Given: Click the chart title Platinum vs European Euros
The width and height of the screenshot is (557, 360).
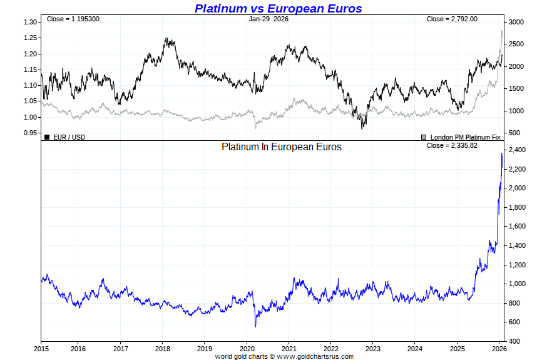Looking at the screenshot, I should (278, 8).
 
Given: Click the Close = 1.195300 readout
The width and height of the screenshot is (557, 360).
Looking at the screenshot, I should (73, 19).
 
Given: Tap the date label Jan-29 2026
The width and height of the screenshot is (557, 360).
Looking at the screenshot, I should (268, 19).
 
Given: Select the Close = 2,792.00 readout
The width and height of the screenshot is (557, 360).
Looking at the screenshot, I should (452, 19).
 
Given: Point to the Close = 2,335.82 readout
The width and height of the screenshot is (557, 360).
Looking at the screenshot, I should (452, 146).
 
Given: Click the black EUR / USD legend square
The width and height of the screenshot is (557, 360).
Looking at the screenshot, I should (47, 136).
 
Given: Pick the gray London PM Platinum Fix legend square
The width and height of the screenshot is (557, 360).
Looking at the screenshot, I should (424, 136).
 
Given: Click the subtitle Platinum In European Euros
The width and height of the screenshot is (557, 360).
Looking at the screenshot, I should (282, 147).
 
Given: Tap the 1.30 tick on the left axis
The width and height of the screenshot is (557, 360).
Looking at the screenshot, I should (29, 22).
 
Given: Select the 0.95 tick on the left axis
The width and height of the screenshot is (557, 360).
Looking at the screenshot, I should (29, 133).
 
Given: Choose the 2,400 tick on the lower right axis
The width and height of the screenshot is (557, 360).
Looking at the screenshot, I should (517, 150).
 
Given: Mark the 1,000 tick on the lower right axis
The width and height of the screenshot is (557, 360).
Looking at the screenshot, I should (517, 284).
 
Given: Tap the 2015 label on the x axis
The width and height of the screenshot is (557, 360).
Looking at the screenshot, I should (41, 349).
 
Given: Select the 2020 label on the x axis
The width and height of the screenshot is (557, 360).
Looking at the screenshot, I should (247, 349).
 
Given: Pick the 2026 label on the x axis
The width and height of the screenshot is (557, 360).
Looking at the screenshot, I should (499, 349).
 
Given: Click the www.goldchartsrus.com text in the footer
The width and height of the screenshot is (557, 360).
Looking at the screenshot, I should (315, 356).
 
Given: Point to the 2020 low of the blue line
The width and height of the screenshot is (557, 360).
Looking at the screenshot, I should (255, 326).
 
